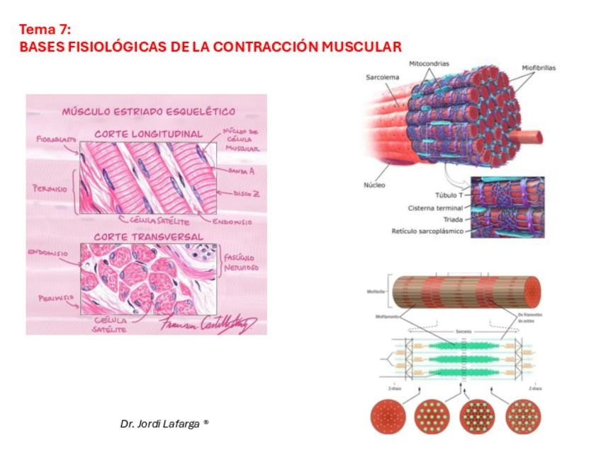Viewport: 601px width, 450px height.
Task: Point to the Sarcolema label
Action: click(383, 76)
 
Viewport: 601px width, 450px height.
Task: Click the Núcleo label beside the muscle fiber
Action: click(372, 185)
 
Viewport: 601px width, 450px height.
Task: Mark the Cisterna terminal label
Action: click(435, 207)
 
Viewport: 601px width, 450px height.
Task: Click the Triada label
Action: click(451, 219)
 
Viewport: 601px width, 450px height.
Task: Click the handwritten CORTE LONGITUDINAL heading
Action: click(148, 133)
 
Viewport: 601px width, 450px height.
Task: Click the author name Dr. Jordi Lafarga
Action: click(164, 423)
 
